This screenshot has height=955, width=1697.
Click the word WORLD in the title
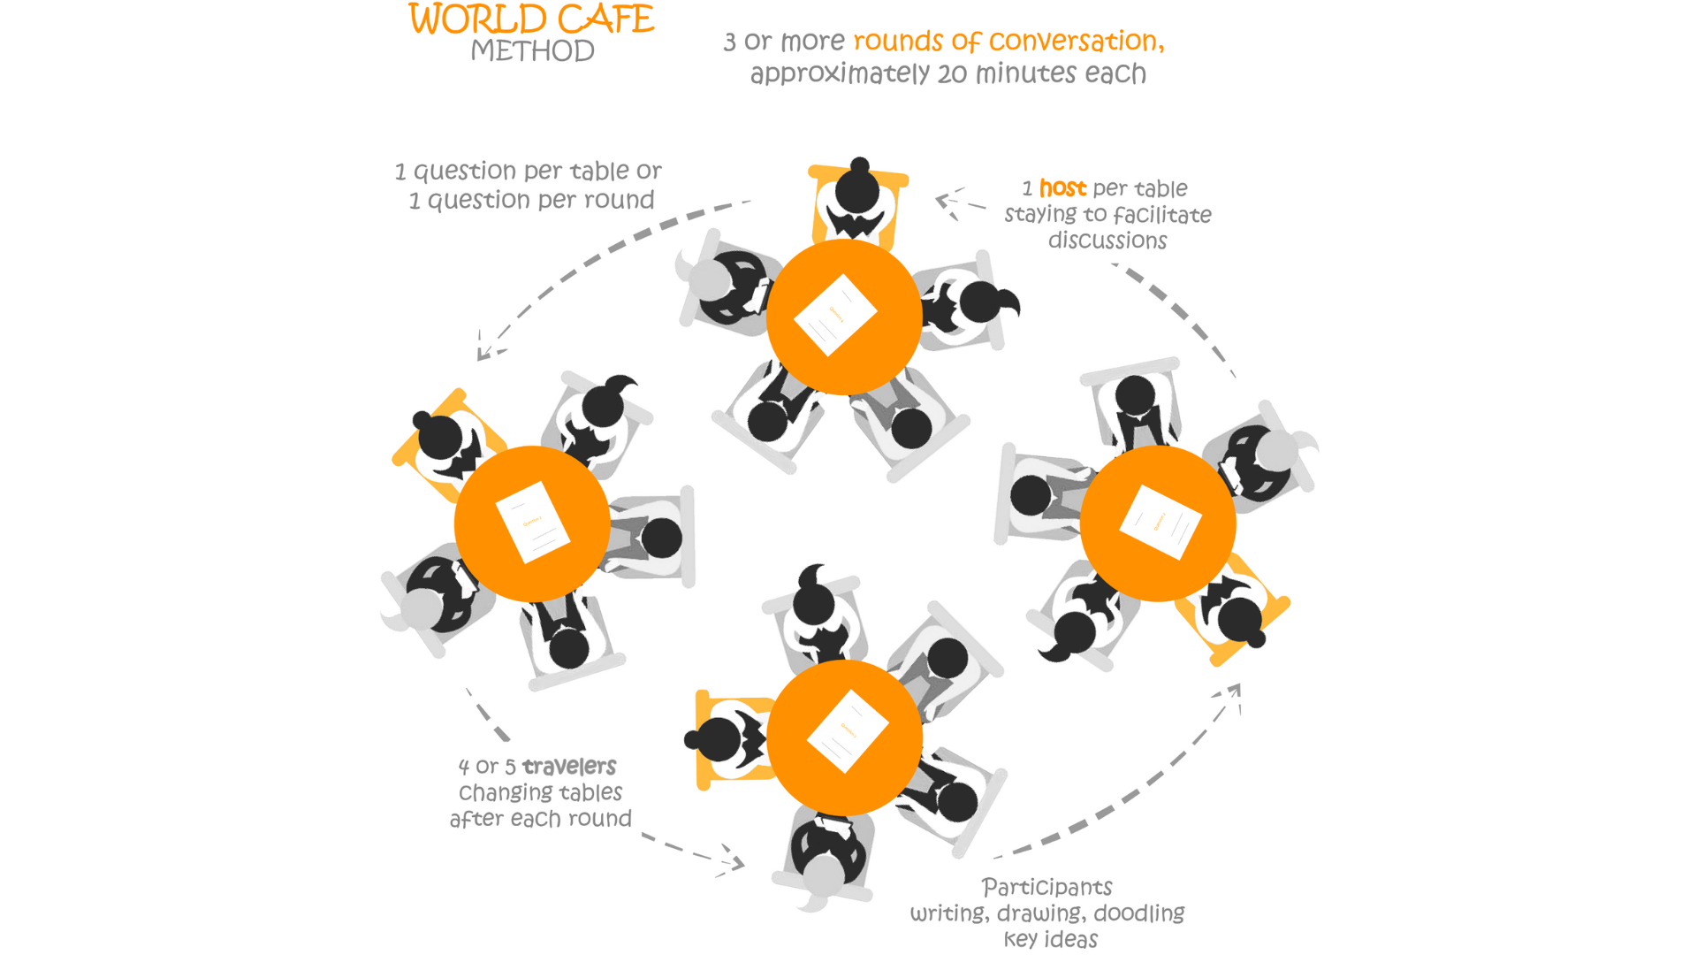[x=477, y=19]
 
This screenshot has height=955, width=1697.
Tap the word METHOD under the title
[x=532, y=51]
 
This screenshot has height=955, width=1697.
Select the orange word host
[x=1062, y=188]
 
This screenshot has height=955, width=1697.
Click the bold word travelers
[x=568, y=766]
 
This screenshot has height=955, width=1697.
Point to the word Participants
[x=1047, y=887]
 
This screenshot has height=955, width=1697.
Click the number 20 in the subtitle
[x=952, y=74]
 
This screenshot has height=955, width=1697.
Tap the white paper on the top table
[x=835, y=315]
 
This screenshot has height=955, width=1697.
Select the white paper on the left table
[x=532, y=522]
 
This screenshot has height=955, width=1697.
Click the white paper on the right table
[x=1160, y=522]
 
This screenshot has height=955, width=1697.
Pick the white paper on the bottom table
[x=848, y=731]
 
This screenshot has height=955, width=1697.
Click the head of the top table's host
[x=857, y=188]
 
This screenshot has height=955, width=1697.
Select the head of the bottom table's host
[x=719, y=739]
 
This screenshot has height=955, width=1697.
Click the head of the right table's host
[x=1239, y=620]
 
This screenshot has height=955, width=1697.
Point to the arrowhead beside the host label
[x=947, y=202]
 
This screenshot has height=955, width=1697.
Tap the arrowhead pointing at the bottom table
[x=732, y=862]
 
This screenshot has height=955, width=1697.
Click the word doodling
[x=1139, y=913]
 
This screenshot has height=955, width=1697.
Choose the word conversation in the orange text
[x=1077, y=42]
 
